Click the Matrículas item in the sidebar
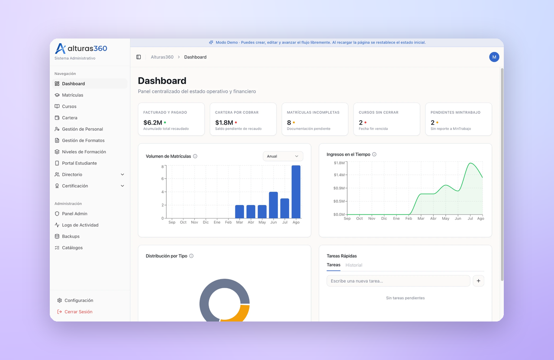tap(72, 95)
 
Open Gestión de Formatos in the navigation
tap(83, 141)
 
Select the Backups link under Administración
tap(71, 236)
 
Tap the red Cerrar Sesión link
tap(78, 312)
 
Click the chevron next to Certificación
tap(122, 186)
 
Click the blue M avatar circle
tap(494, 57)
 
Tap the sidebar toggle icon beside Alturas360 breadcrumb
tap(138, 57)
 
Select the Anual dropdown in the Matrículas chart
tap(283, 156)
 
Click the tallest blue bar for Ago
tap(296, 192)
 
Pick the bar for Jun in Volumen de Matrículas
tap(273, 205)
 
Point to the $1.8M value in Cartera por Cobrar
tap(224, 122)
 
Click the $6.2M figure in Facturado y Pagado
tap(153, 122)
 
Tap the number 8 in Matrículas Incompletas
tap(289, 122)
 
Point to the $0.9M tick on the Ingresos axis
tap(339, 188)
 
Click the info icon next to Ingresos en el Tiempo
tap(374, 154)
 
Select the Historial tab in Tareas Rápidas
tap(354, 265)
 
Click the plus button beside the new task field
tap(478, 281)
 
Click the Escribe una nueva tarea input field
tap(398, 281)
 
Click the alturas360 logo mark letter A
tap(60, 48)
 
